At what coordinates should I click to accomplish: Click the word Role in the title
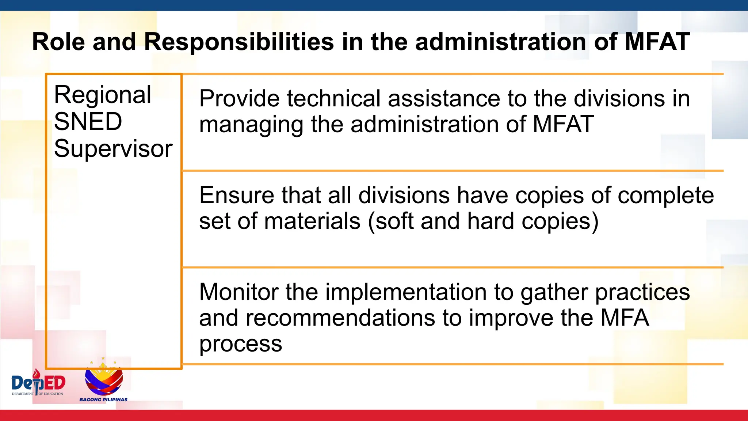pos(58,42)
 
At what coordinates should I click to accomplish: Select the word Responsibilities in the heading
pos(239,42)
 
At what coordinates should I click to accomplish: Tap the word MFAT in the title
pos(657,42)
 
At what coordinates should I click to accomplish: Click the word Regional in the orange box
pos(103,95)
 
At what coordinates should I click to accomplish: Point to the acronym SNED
pos(88,122)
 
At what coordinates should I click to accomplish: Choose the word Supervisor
pos(113,149)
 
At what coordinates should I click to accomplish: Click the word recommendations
pos(340,318)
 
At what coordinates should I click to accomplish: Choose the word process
pos(240,344)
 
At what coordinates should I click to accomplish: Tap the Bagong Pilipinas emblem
pos(104,380)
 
